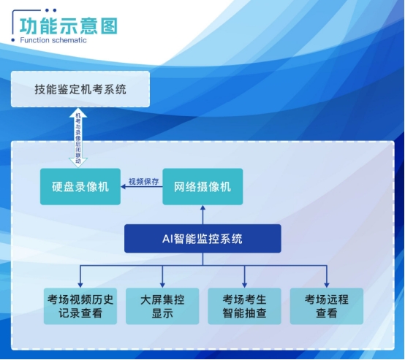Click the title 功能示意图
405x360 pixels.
pyautogui.click(x=69, y=26)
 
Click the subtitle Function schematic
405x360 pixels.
pyautogui.click(x=53, y=40)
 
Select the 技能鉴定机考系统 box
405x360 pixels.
pyautogui.click(x=80, y=89)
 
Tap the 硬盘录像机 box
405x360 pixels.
pyautogui.click(x=80, y=187)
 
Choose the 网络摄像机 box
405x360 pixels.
pyautogui.click(x=202, y=187)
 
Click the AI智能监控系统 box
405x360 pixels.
pyautogui.click(x=202, y=239)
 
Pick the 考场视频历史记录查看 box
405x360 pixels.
pyautogui.click(x=80, y=306)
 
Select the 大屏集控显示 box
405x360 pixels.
pyautogui.click(x=162, y=306)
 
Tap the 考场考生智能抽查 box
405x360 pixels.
pyautogui.click(x=245, y=306)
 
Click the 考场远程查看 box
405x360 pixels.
pyautogui.click(x=327, y=306)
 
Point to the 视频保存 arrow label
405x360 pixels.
pyautogui.click(x=143, y=181)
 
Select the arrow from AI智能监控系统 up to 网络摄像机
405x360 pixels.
pyautogui.click(x=202, y=215)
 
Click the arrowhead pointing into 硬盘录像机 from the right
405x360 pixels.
pyautogui.click(x=124, y=187)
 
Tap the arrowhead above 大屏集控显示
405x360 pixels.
pyautogui.click(x=162, y=285)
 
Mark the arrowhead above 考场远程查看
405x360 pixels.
pyautogui.click(x=327, y=285)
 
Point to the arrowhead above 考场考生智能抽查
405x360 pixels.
pyautogui.click(x=245, y=285)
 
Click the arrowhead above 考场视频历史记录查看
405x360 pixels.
pyautogui.click(x=80, y=285)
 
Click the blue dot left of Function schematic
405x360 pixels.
pyautogui.click(x=13, y=40)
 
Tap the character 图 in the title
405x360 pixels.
pyautogui.click(x=109, y=26)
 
